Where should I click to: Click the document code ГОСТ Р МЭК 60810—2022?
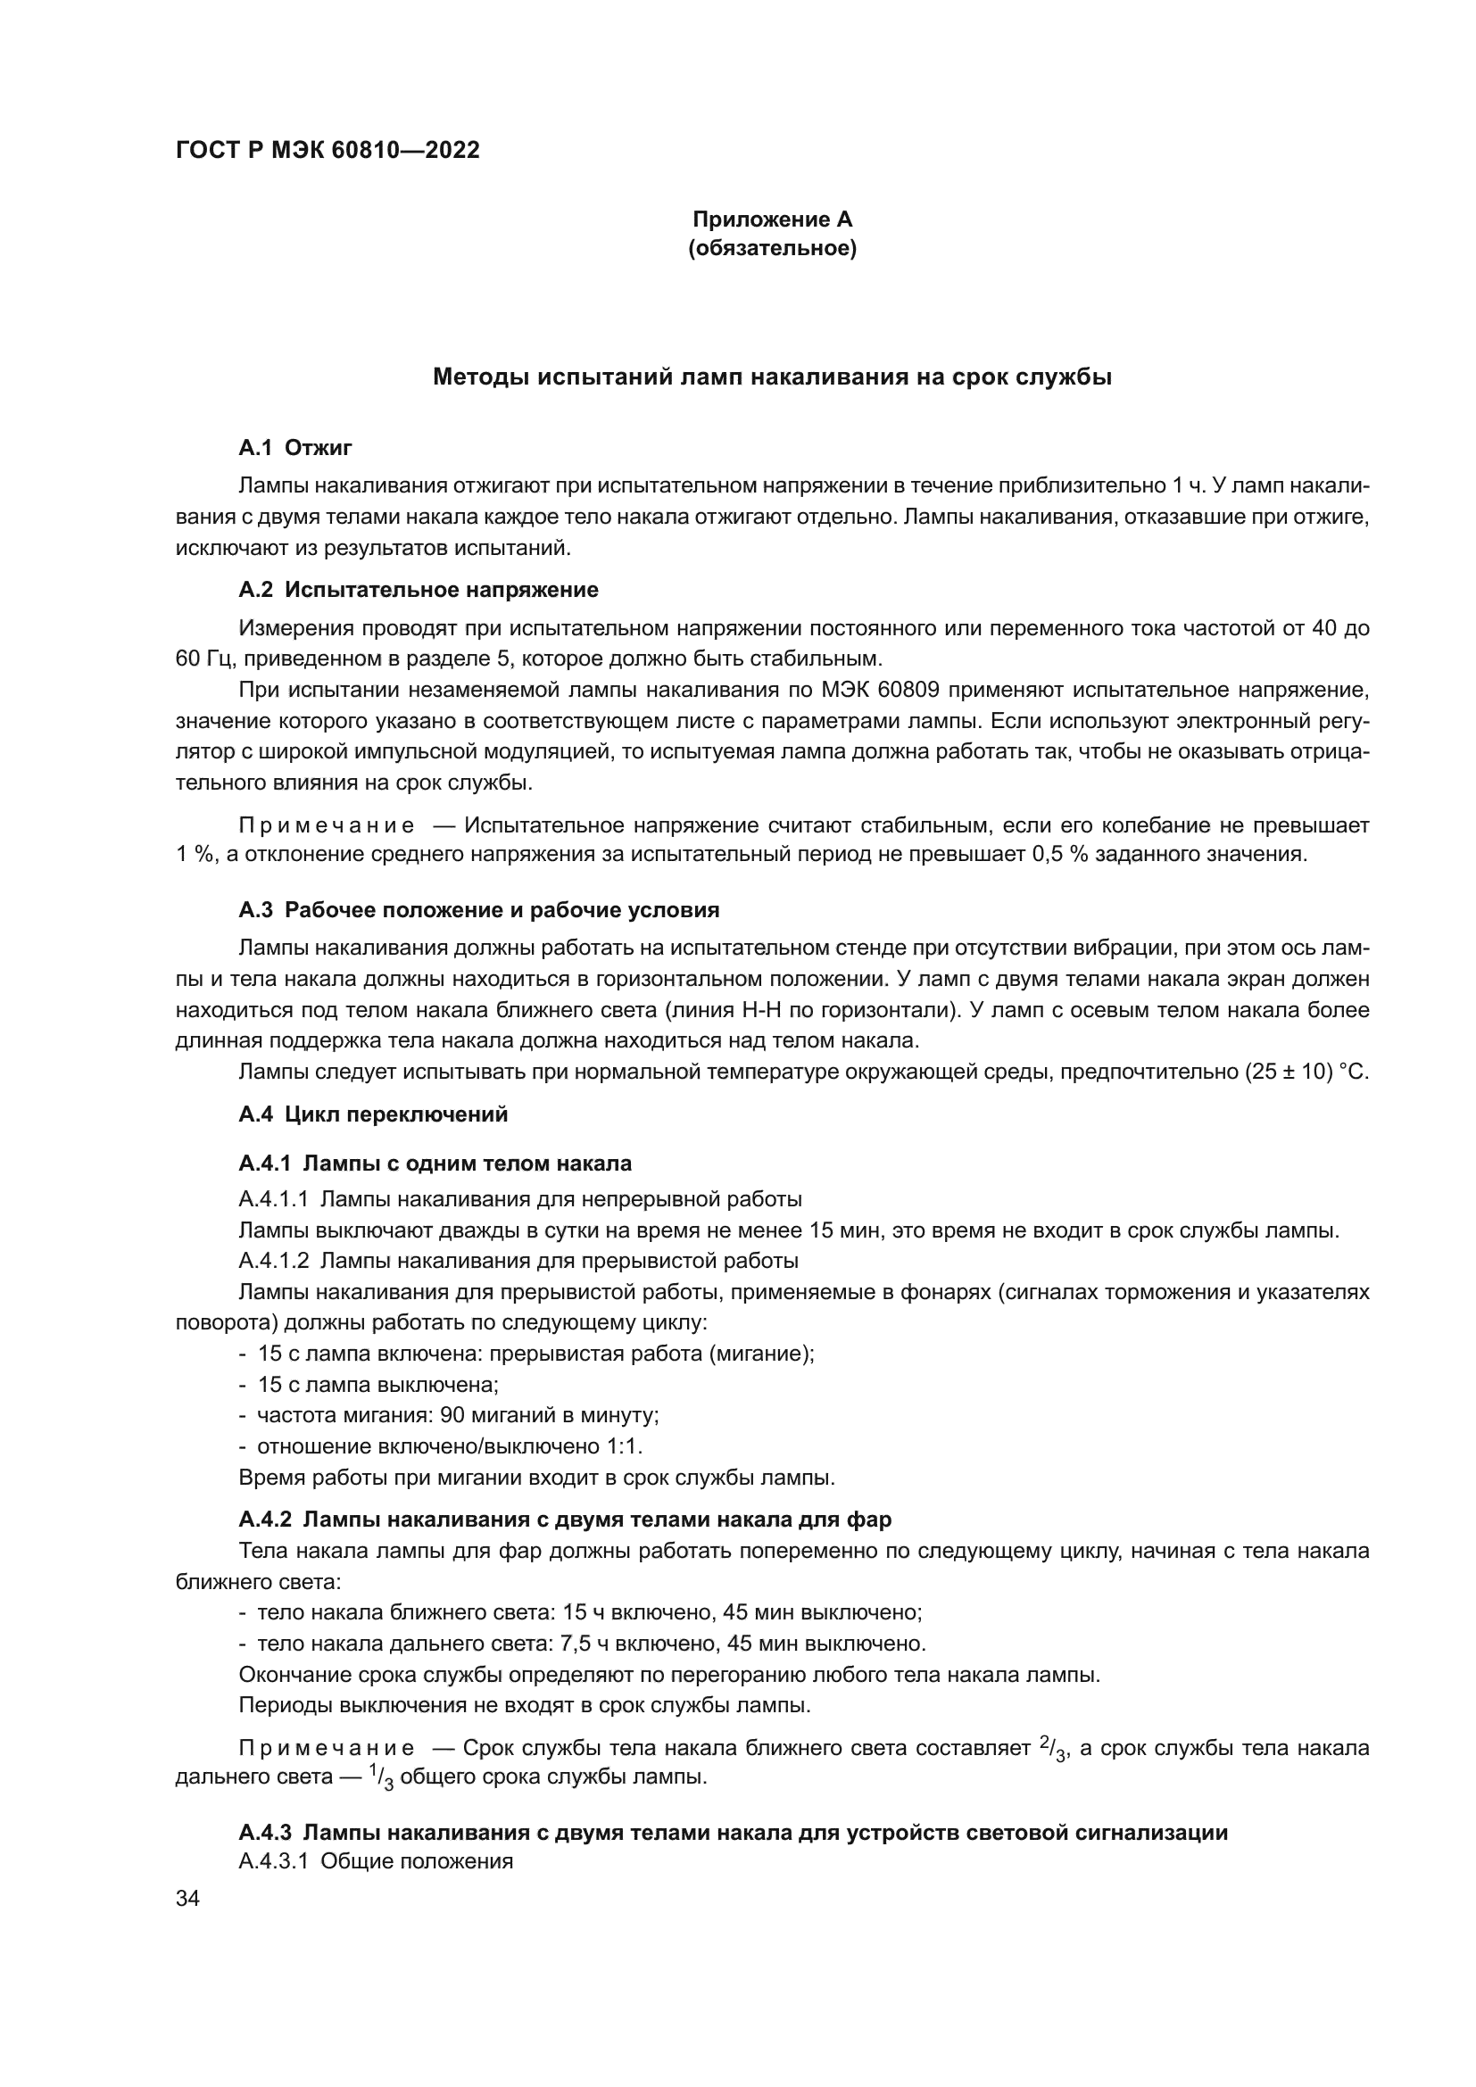click(328, 151)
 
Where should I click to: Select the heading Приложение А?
click(772, 219)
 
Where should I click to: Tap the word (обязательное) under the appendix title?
click(772, 248)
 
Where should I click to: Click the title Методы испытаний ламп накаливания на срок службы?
click(772, 377)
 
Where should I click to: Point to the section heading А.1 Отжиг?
click(295, 447)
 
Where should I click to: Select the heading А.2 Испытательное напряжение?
click(418, 590)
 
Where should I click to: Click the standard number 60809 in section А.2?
click(908, 690)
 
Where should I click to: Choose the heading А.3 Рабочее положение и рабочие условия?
click(479, 910)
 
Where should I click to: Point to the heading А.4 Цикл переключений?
click(373, 1114)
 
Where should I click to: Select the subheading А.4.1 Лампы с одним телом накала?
click(435, 1164)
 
